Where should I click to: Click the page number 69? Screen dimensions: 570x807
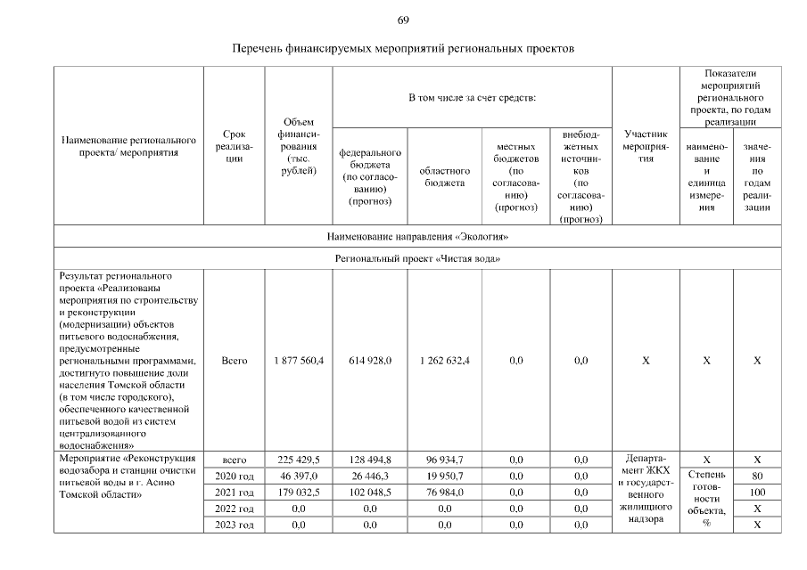coord(403,20)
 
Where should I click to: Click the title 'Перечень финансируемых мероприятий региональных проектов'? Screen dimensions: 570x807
coord(403,48)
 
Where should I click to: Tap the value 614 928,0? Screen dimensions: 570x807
coord(369,361)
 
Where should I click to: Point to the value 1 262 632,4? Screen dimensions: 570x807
coord(444,361)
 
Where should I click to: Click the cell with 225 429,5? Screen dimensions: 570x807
coord(299,460)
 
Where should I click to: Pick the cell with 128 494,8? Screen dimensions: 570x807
coord(369,460)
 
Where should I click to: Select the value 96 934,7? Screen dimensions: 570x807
coord(444,460)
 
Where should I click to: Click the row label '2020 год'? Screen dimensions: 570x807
coord(235,476)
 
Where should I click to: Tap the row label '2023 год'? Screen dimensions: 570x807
coord(235,525)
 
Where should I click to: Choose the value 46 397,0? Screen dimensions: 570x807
coord(299,476)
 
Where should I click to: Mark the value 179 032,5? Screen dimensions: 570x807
coord(299,492)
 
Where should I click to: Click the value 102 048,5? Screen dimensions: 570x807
coord(369,492)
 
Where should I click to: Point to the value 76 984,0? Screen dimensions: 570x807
coord(444,492)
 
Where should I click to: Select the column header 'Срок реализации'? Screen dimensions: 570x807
coord(235,146)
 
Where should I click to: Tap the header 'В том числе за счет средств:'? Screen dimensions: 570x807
coord(472,95)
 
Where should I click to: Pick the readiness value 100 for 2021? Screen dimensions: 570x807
coord(756,492)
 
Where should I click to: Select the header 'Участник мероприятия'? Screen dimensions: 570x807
coord(645,146)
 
